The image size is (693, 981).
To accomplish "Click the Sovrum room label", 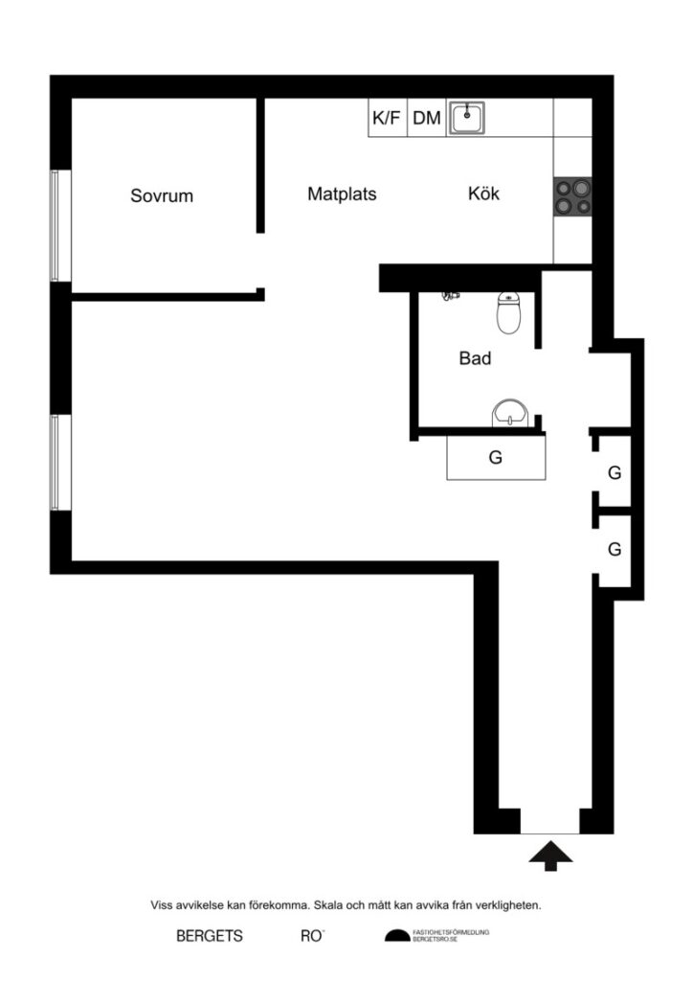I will [x=162, y=196].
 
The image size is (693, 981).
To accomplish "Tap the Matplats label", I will [x=342, y=194].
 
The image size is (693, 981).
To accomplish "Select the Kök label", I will [x=483, y=194].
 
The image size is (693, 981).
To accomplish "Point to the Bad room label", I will [x=475, y=359].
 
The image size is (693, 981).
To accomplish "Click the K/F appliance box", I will [x=387, y=119].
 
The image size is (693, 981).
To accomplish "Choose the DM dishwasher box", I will [x=427, y=119].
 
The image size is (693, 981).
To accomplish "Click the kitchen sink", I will [x=467, y=119].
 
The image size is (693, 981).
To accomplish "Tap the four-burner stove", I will [x=571, y=198].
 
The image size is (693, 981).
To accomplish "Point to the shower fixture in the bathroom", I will [x=450, y=297].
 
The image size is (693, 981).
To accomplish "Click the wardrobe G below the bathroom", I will [x=496, y=458].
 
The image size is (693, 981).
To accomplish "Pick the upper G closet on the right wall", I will [x=615, y=472].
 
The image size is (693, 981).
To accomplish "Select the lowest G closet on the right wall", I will [x=615, y=550].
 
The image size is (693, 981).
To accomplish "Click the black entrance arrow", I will [x=550, y=855].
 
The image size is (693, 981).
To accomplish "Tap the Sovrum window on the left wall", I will [x=56, y=226].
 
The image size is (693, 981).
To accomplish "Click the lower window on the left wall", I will [x=56, y=462].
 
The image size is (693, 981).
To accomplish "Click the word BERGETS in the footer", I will [x=210, y=936].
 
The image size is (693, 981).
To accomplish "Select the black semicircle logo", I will [x=396, y=936].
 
